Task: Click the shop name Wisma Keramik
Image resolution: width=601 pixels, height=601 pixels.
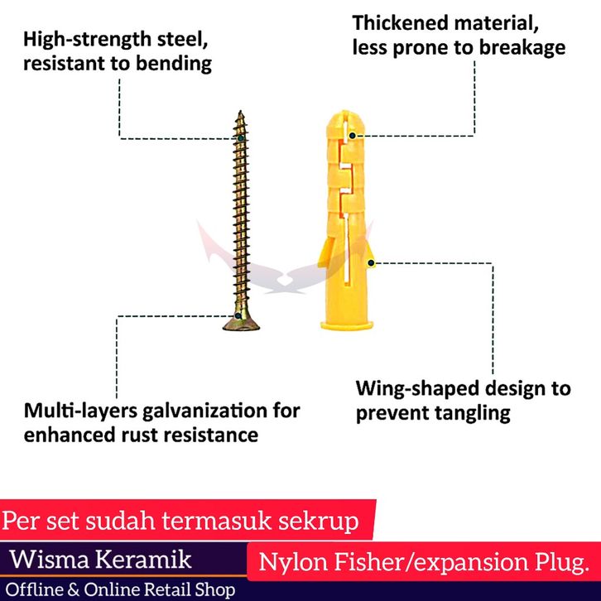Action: pos(100,559)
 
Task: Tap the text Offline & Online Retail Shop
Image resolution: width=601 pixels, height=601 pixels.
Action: pos(121,589)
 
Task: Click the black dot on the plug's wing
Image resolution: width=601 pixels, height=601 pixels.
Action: pos(373,264)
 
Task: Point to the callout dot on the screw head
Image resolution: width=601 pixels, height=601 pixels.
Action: pos(238,315)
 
